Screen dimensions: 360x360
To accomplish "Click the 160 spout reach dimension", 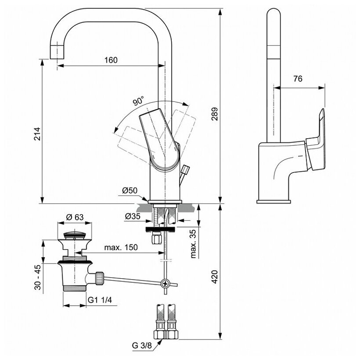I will point(111,60).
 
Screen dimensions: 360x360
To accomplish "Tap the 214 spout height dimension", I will point(37,134).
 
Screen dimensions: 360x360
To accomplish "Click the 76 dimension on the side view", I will point(298,79).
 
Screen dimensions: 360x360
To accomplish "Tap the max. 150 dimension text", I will point(121,247).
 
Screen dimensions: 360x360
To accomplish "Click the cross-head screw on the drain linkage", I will point(166,284).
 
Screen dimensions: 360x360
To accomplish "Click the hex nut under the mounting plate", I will point(156,240).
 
